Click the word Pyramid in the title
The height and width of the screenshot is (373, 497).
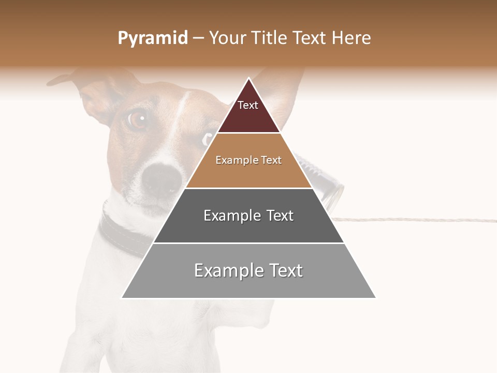point(152,38)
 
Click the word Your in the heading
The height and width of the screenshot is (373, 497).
point(227,38)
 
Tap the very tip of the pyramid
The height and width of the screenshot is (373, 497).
point(248,79)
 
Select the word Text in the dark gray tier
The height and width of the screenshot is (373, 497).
point(276,216)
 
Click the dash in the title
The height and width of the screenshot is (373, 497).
point(198,38)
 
